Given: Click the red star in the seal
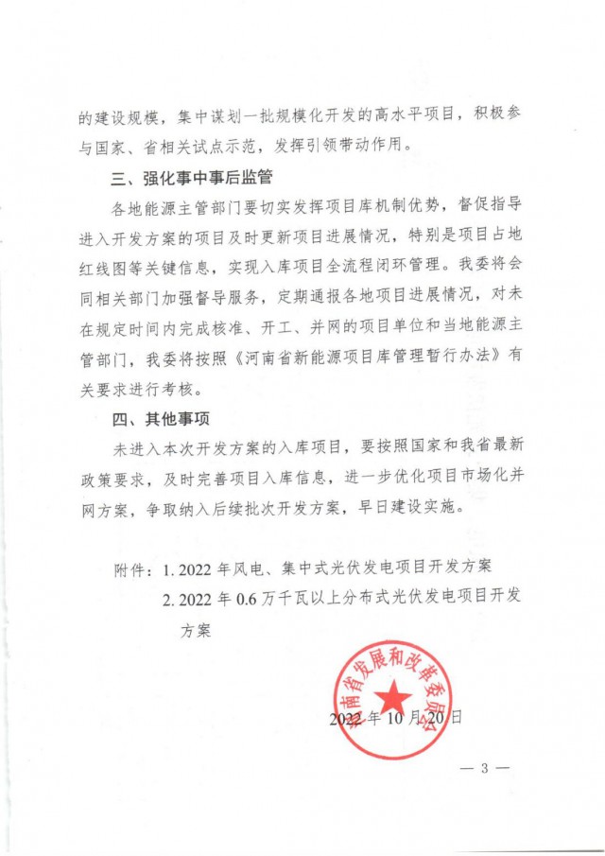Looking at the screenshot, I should tap(396, 701).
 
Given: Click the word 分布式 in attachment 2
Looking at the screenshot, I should tap(364, 598).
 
